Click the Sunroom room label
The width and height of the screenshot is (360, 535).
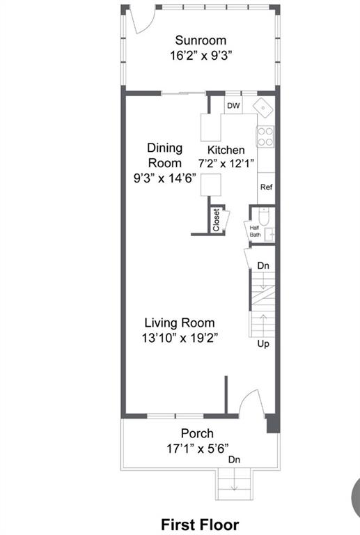point(201,40)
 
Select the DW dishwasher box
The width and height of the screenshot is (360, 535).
point(233,105)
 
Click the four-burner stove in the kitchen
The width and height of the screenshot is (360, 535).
point(265,137)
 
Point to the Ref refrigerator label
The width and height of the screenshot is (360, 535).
point(266,187)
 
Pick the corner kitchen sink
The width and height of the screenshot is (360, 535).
point(263,108)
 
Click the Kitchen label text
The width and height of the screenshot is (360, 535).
point(226,150)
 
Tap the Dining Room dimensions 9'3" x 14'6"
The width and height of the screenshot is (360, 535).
point(165,178)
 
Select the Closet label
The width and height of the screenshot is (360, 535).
point(216,220)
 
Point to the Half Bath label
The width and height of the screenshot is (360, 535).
point(255,231)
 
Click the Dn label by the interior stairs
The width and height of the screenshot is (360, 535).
point(263,265)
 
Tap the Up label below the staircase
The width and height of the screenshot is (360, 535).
point(263,343)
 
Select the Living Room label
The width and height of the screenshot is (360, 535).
point(180,323)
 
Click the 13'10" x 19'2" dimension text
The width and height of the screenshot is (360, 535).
point(180,338)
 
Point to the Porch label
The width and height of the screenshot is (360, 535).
point(197,433)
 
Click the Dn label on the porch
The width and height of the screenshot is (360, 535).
point(234,460)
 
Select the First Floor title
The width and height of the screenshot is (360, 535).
point(200,525)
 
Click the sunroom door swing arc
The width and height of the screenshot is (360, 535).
point(148,25)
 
